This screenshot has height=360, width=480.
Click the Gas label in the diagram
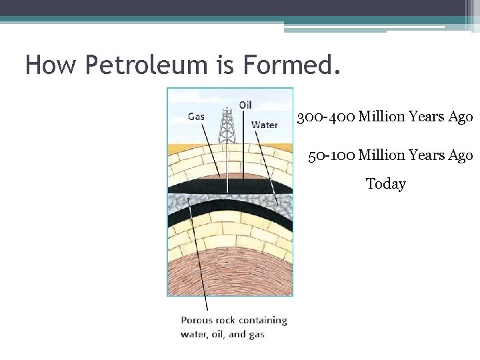pyautogui.click(x=196, y=116)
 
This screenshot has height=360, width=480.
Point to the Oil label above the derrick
pyautogui.click(x=245, y=105)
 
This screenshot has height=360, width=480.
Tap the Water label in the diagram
pyautogui.click(x=264, y=125)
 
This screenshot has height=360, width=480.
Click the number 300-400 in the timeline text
pyautogui.click(x=325, y=117)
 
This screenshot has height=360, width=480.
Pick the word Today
pyautogui.click(x=385, y=183)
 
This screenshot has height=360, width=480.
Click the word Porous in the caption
pyautogui.click(x=197, y=321)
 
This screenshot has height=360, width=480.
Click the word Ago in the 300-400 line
pyautogui.click(x=461, y=117)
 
